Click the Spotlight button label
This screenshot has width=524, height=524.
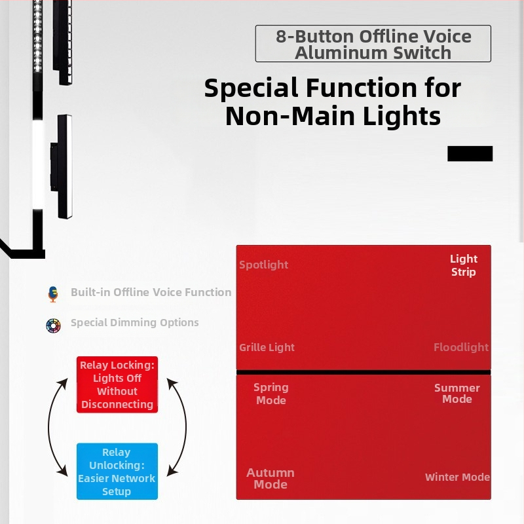pyautogui.click(x=264, y=265)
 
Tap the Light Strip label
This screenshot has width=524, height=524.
pyautogui.click(x=464, y=265)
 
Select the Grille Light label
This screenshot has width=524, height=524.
pyautogui.click(x=267, y=347)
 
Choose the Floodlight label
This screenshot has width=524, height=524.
pyautogui.click(x=461, y=347)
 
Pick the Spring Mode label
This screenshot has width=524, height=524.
pyautogui.click(x=271, y=394)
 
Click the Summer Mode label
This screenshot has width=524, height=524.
pyautogui.click(x=457, y=394)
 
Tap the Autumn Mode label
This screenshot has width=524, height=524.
pyautogui.click(x=271, y=479)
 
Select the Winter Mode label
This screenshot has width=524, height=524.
pyautogui.click(x=457, y=477)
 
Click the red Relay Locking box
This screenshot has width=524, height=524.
pyautogui.click(x=117, y=384)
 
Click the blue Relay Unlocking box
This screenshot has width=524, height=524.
pyautogui.click(x=117, y=471)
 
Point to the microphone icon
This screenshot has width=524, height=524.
pyautogui.click(x=53, y=294)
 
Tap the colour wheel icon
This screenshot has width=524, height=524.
pyautogui.click(x=53, y=326)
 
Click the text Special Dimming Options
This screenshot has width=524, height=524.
pyautogui.click(x=135, y=322)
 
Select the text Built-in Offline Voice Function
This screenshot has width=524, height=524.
pyautogui.click(x=151, y=292)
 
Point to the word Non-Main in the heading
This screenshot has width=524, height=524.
pyautogui.click(x=290, y=116)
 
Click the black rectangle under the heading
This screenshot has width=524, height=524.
pyautogui.click(x=470, y=154)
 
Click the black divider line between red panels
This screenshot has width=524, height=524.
pyautogui.click(x=364, y=372)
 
